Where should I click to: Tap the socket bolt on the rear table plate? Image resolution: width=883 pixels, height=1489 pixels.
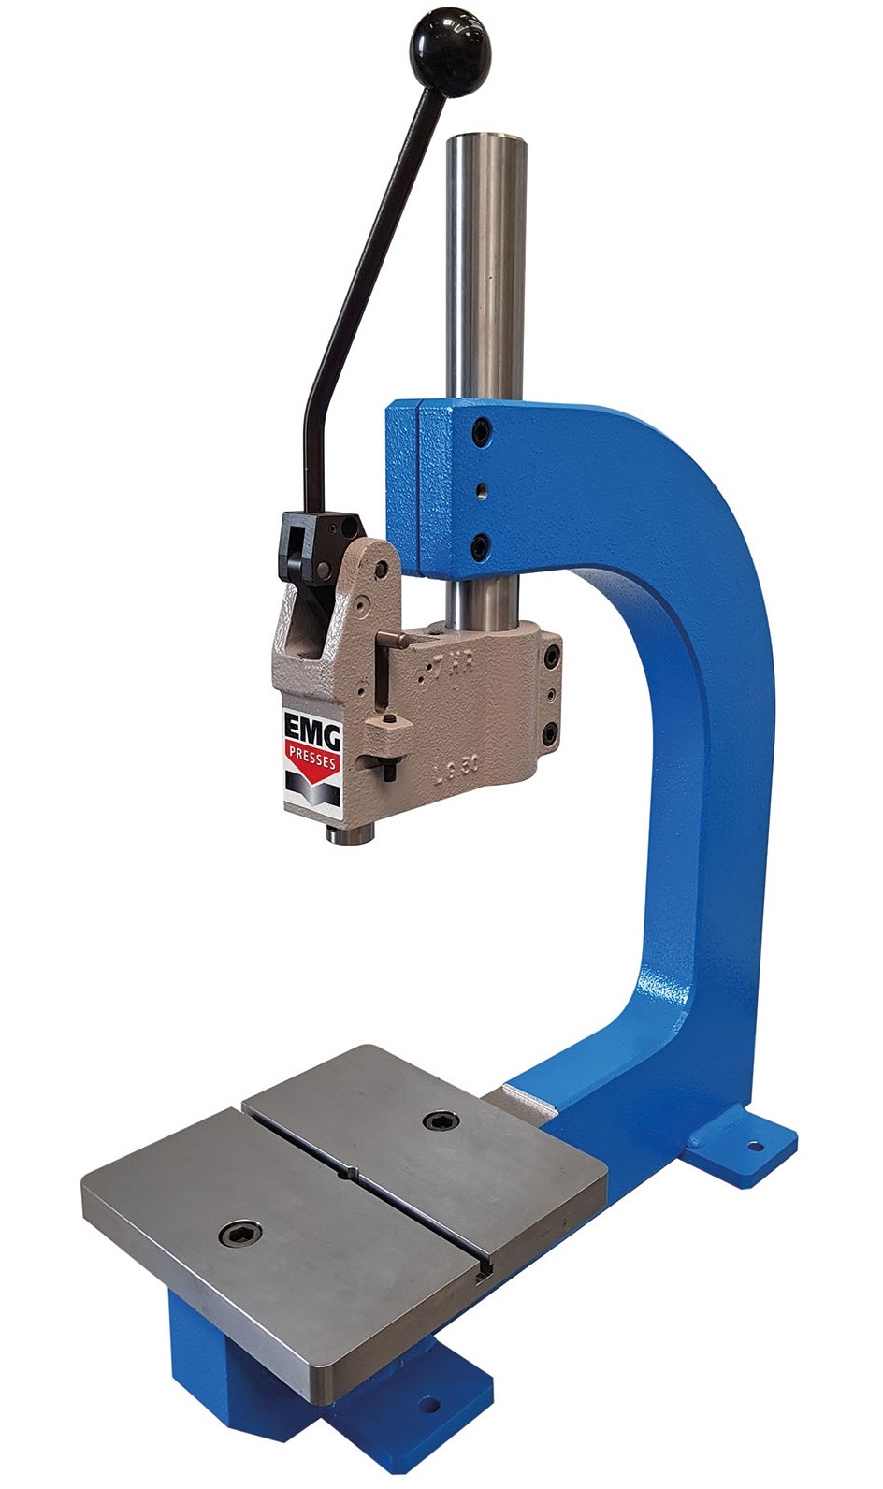click(437, 1121)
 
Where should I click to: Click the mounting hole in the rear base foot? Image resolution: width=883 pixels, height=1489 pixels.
click(753, 1143)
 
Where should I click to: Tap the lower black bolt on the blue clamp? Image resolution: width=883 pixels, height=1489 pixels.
click(481, 545)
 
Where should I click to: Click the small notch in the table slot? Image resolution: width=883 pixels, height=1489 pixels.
click(351, 1174)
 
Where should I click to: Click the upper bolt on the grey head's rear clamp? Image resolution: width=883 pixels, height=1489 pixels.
click(552, 658)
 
